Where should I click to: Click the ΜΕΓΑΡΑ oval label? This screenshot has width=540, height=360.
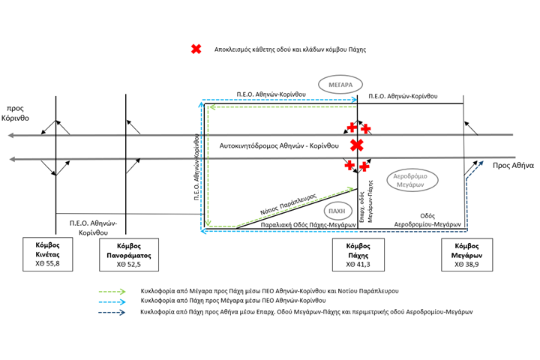click(x=340, y=85)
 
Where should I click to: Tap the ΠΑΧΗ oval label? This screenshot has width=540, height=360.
click(x=337, y=211)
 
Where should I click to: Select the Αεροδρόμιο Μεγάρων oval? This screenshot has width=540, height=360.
click(x=412, y=180)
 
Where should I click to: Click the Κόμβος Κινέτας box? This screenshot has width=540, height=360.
click(x=48, y=254)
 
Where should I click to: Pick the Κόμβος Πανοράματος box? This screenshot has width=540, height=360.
click(x=129, y=255)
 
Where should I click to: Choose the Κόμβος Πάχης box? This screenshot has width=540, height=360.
click(x=358, y=255)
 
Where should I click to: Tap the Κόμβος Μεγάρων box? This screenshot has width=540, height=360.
click(x=467, y=255)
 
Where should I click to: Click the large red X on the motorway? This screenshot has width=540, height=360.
click(x=357, y=145)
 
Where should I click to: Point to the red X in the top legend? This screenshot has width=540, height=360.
click(x=196, y=49)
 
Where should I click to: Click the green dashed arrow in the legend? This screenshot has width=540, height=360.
click(x=112, y=292)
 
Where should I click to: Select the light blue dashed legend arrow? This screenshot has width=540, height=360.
click(x=112, y=302)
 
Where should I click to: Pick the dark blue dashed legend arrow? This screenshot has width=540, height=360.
click(x=112, y=313)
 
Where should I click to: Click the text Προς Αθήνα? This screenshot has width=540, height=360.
click(x=513, y=165)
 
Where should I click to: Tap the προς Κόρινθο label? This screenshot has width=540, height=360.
click(x=15, y=113)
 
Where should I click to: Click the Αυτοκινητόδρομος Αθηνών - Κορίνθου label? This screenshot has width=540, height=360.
click(x=279, y=145)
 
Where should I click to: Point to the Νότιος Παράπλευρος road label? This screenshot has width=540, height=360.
click(x=288, y=204)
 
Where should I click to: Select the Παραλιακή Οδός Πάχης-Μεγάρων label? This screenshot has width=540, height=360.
click(x=308, y=225)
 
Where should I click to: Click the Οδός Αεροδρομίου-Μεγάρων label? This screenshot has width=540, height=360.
click(x=427, y=220)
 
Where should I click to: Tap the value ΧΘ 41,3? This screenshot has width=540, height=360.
click(x=358, y=265)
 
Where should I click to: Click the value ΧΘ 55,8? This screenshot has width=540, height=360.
click(x=47, y=263)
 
